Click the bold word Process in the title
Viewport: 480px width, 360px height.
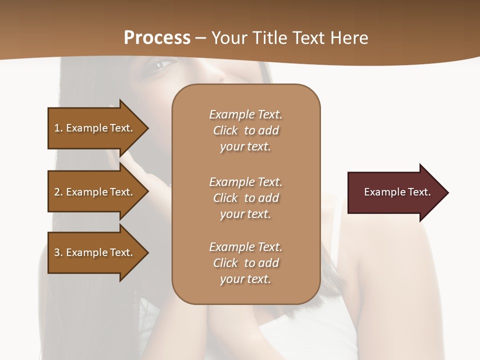[157, 38]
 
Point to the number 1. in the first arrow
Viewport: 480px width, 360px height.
[58, 128]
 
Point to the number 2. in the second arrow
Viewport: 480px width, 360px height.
[58, 192]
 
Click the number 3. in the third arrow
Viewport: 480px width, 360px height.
[58, 252]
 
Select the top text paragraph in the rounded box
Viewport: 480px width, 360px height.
[245, 130]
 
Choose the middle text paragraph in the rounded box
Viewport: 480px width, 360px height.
[245, 198]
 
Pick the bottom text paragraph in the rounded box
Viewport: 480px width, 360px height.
[245, 263]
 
